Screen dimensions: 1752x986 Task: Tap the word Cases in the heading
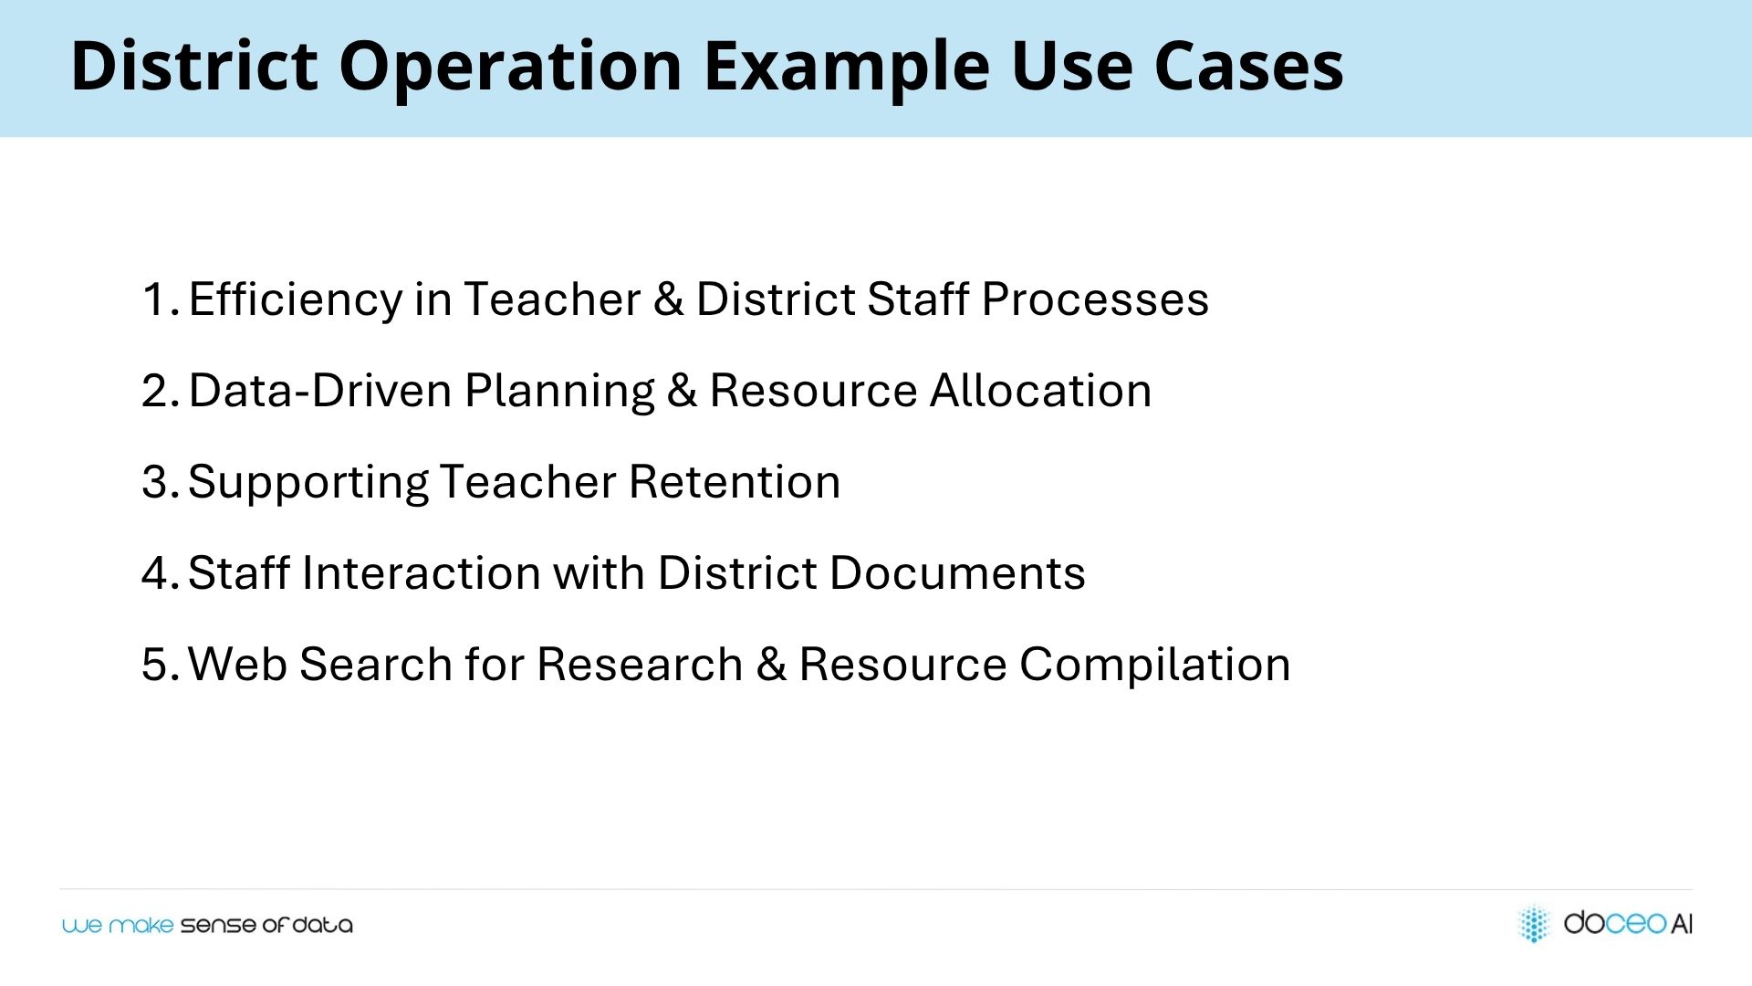coord(1248,67)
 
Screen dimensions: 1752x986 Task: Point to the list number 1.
coord(159,299)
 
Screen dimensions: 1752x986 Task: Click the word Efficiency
coord(296,299)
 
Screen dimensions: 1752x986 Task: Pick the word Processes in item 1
coord(1095,299)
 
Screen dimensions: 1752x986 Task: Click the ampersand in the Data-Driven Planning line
coord(682,391)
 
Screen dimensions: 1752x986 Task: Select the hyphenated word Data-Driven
coord(320,391)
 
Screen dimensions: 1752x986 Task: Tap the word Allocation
coord(1040,391)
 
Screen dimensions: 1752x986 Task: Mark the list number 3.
coord(160,482)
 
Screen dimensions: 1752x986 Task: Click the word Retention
coord(735,482)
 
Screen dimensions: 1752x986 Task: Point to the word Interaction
coord(421,573)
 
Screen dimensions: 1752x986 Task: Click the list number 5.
coord(160,665)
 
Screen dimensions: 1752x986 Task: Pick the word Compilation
coord(1155,666)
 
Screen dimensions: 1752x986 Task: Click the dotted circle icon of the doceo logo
coord(1534,923)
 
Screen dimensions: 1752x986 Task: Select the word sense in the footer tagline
coord(218,926)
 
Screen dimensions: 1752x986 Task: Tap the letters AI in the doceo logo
coord(1681,924)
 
